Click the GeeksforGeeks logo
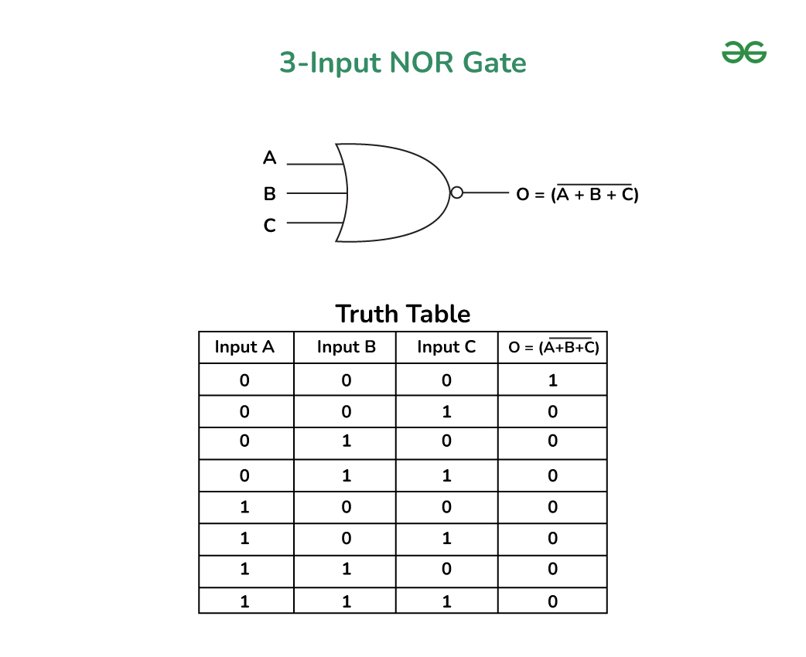(x=744, y=53)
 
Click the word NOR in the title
(x=422, y=63)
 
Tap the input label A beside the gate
(x=269, y=157)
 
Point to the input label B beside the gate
(x=269, y=194)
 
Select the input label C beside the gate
(x=269, y=226)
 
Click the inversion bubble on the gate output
(x=456, y=192)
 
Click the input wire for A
(x=315, y=165)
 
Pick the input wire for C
(x=315, y=223)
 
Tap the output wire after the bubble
(x=486, y=192)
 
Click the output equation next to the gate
(x=577, y=194)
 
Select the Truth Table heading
(x=402, y=314)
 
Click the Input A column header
(x=244, y=347)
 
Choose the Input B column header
(x=347, y=347)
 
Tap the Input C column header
(x=446, y=347)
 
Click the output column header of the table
(x=554, y=347)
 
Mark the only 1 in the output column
(x=552, y=380)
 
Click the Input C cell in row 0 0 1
(x=446, y=411)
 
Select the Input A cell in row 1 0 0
(x=244, y=507)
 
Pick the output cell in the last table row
(x=552, y=601)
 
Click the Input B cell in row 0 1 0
(x=347, y=441)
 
